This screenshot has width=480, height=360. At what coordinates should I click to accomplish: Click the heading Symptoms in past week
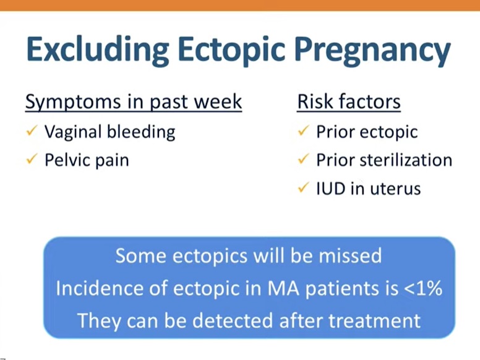(x=134, y=102)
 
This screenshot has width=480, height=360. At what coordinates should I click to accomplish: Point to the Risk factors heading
(x=349, y=102)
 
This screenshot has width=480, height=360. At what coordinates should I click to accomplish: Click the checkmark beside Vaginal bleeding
(x=32, y=131)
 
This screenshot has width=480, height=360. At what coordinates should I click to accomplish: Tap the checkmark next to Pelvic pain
(x=32, y=158)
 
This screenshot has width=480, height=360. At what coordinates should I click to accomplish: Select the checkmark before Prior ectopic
(x=303, y=131)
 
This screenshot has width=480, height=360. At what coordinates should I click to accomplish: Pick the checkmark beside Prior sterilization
(x=303, y=158)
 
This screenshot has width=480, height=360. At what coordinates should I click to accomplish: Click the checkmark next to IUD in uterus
(x=303, y=187)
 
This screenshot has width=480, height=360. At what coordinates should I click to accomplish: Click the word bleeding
(x=141, y=132)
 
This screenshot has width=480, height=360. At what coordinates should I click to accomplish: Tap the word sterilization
(x=406, y=160)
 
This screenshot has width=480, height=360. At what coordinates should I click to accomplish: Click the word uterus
(x=395, y=189)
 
